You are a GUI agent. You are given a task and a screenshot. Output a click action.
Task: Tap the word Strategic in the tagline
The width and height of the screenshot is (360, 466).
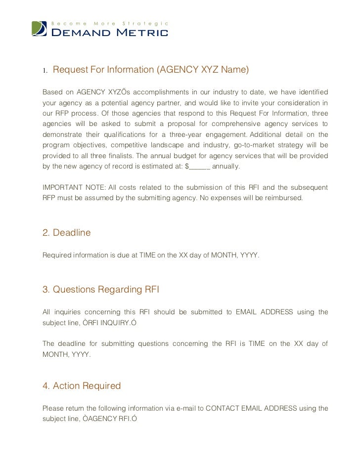point(146,23)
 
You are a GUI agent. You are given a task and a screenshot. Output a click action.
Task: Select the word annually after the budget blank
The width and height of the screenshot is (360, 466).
point(226,167)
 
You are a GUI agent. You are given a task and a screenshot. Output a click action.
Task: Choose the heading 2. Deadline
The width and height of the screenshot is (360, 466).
point(67,233)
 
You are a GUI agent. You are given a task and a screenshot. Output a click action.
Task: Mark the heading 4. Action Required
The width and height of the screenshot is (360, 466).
point(82,386)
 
